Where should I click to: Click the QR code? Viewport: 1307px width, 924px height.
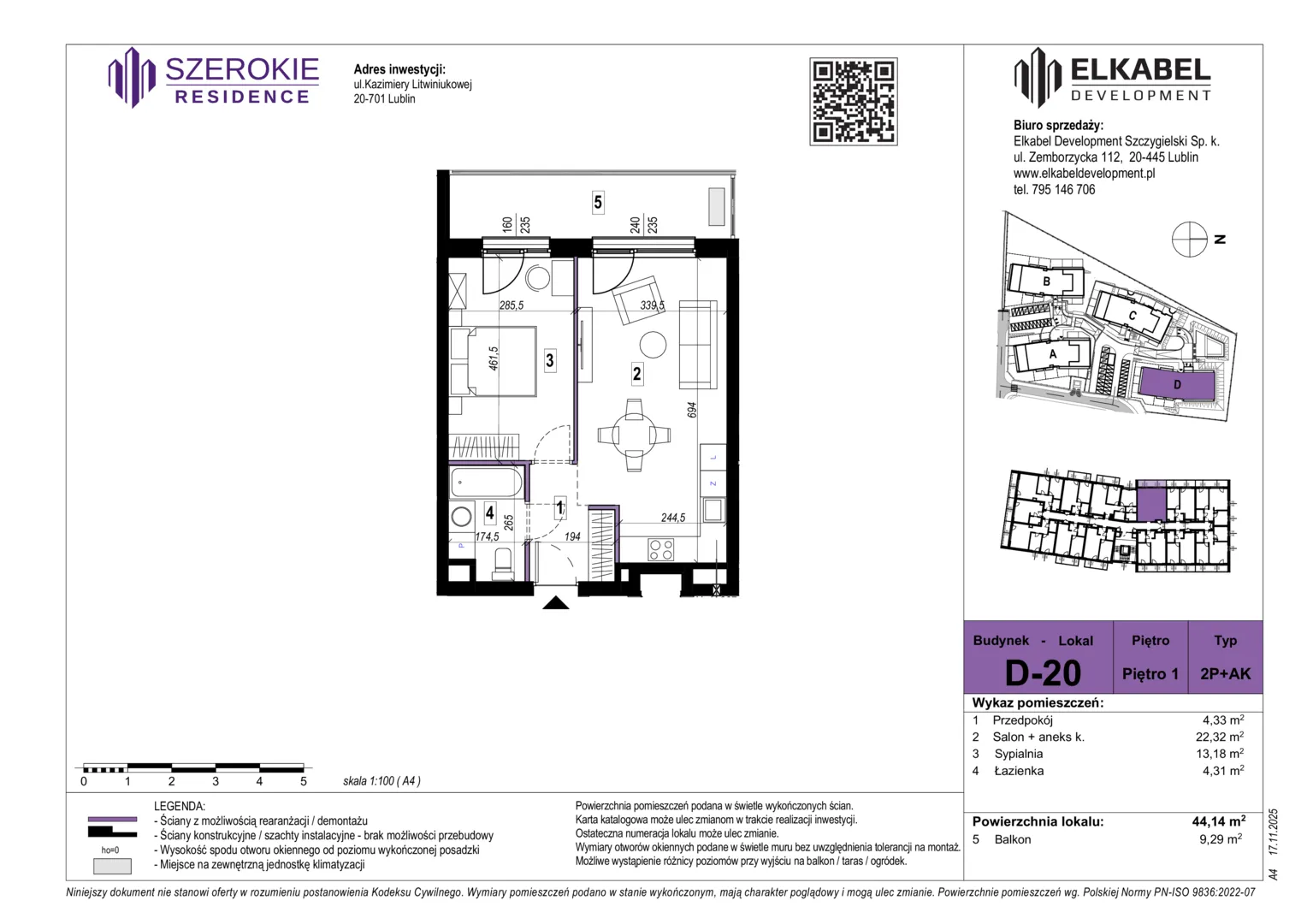coord(853,102)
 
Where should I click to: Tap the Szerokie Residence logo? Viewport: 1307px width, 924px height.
coord(214,78)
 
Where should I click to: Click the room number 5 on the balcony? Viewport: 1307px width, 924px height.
coord(598,203)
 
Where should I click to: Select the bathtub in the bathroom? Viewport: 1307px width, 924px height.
coord(486,483)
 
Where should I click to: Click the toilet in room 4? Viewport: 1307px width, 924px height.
coord(502,563)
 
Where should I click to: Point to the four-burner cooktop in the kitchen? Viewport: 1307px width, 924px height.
coord(660,549)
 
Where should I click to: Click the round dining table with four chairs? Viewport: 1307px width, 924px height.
coord(634,435)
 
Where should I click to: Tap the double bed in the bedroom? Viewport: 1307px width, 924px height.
coord(494,361)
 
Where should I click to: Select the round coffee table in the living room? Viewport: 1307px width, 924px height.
coord(653,345)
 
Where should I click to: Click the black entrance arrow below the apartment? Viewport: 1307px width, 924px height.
coord(555,603)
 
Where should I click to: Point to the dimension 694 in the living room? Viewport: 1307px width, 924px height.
coord(691,410)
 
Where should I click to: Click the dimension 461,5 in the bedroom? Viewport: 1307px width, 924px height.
coord(494,358)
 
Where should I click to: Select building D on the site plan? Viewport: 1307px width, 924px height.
coord(1178,385)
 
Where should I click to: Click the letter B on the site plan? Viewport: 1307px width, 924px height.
coord(1046,281)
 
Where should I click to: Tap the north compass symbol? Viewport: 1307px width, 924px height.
coord(1189,240)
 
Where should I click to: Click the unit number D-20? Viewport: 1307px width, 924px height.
coord(1044,673)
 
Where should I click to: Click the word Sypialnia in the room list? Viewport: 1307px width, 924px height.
coord(1019,754)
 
